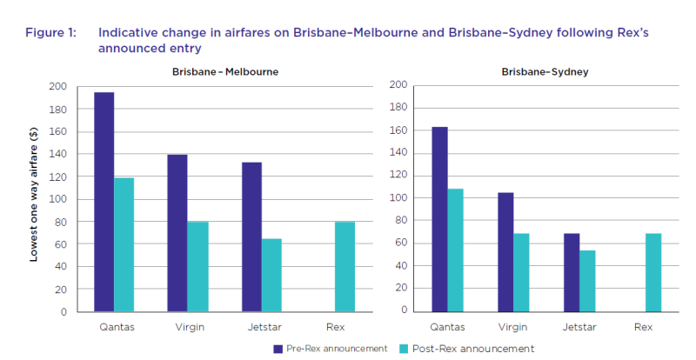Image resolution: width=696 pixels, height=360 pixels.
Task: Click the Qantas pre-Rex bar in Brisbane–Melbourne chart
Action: point(104,202)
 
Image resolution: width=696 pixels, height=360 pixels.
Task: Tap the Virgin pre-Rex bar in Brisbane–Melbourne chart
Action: point(177,233)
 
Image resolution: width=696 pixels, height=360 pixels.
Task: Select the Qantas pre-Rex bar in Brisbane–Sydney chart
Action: point(439,218)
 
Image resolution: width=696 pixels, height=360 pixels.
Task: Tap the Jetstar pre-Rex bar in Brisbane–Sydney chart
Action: point(571,271)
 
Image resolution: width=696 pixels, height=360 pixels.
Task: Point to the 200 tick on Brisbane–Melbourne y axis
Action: point(57,87)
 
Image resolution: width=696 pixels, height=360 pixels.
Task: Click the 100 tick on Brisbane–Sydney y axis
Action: point(399,197)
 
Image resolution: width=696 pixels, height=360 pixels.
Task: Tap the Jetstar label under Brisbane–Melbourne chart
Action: point(262,327)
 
